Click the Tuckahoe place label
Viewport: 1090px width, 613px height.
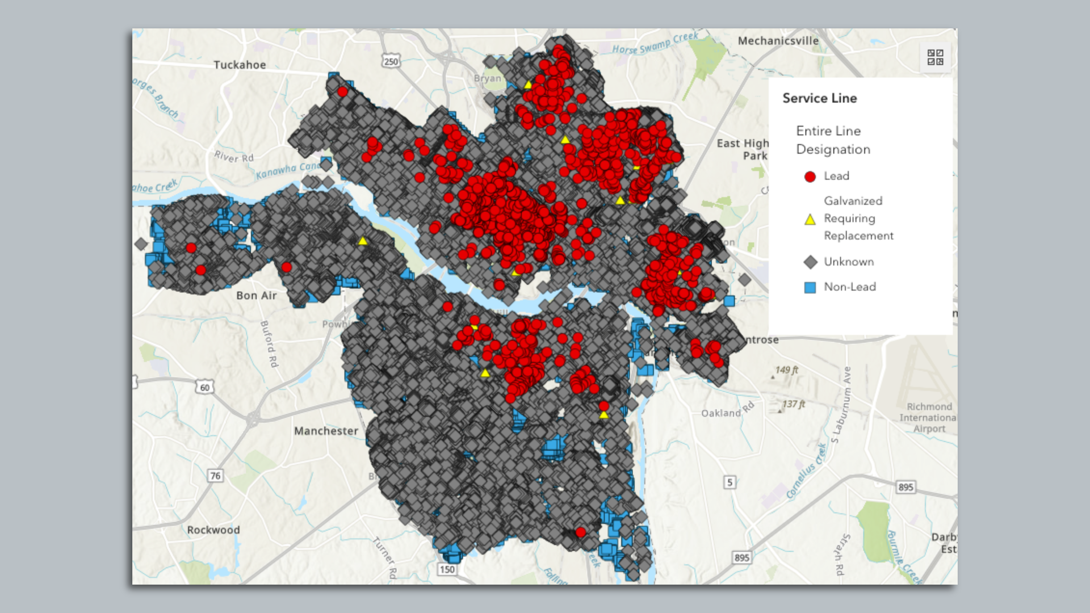tap(240, 65)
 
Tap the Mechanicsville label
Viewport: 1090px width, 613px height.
tap(778, 41)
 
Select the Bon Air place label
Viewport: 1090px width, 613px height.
tap(257, 295)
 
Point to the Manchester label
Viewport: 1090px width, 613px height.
tap(326, 431)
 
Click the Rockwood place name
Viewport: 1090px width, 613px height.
tap(213, 530)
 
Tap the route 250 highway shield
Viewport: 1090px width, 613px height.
tap(391, 61)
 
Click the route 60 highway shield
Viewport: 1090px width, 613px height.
tap(204, 387)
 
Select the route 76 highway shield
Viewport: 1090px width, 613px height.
tap(215, 476)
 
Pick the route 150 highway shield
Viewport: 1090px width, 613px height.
tap(447, 569)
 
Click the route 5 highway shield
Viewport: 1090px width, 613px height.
tap(730, 482)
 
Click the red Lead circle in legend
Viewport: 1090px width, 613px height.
tap(810, 177)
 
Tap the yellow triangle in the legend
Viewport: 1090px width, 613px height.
tap(810, 219)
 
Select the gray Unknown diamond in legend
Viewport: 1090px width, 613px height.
tap(810, 262)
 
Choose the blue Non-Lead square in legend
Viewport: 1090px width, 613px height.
tap(810, 287)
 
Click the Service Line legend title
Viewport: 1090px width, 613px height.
tap(819, 98)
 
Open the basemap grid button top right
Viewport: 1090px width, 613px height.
tap(935, 57)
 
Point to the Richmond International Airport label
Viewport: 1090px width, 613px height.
tap(929, 418)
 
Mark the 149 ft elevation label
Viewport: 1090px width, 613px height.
tap(787, 370)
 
